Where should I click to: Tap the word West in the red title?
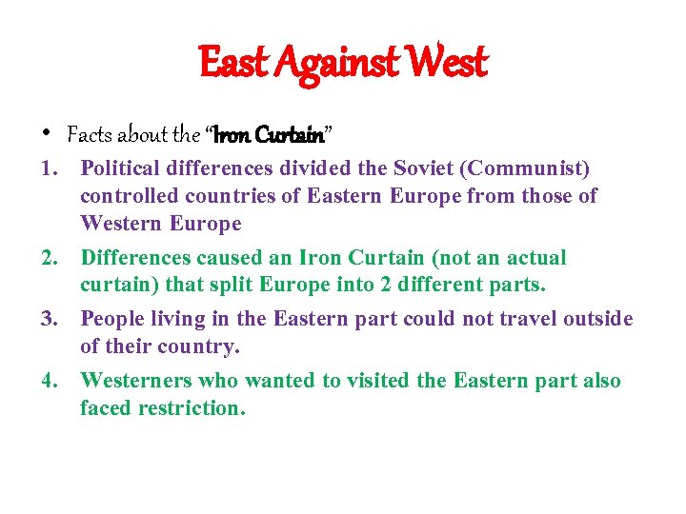pos(447,63)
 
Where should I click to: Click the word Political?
pos(120,168)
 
